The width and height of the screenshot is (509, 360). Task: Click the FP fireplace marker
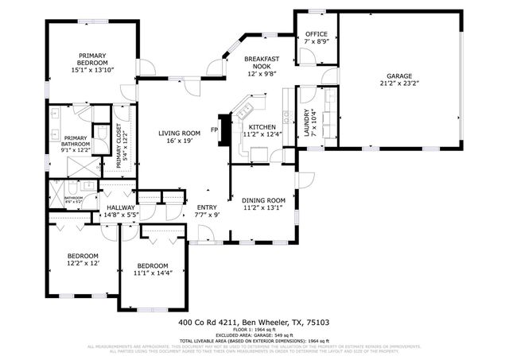pos(215,130)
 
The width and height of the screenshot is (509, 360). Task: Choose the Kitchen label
pos(262,127)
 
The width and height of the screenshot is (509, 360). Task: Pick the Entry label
pos(206,207)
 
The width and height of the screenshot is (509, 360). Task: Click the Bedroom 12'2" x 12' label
pos(82,259)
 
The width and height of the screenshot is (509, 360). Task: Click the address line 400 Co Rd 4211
pos(254,323)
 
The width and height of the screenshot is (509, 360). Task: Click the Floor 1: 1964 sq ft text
pos(254,330)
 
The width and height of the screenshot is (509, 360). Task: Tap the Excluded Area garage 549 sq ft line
pos(254,335)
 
